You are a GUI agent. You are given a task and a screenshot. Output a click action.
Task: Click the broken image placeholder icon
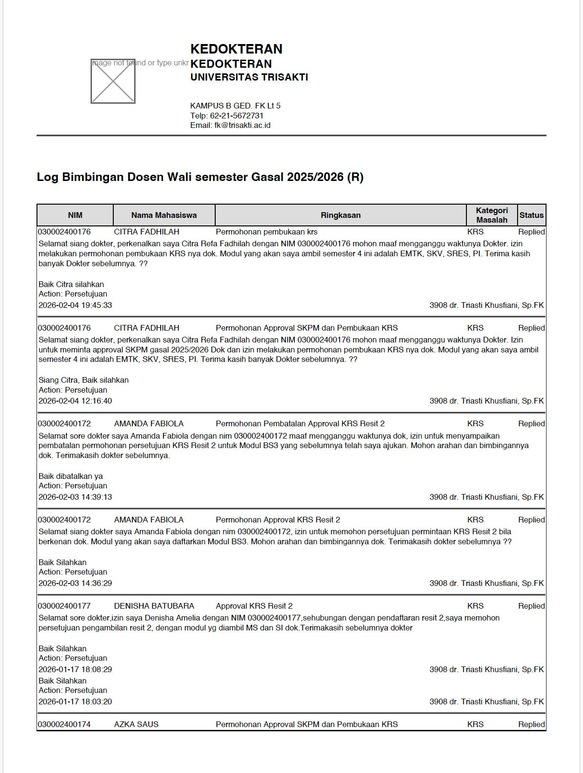(113, 81)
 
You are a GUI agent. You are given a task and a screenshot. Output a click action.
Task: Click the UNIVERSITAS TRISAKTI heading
(249, 77)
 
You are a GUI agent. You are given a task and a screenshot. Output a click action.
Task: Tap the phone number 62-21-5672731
(237, 116)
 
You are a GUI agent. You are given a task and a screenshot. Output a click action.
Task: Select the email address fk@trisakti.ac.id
(242, 126)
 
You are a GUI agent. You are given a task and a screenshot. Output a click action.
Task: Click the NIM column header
(75, 215)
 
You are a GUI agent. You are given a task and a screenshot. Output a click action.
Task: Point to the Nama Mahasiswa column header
(164, 215)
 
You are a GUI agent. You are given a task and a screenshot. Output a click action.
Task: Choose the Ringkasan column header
(340, 215)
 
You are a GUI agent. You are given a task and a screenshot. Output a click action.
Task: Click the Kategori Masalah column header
(492, 215)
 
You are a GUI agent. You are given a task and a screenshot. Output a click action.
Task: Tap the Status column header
(531, 215)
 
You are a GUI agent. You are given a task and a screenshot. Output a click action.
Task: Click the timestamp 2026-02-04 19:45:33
(75, 306)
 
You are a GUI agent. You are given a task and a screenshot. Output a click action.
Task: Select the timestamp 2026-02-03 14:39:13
(75, 497)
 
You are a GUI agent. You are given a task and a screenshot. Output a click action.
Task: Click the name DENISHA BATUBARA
(154, 606)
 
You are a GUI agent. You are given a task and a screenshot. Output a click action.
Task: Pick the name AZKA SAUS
(137, 724)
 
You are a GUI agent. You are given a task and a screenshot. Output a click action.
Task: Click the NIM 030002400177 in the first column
(64, 606)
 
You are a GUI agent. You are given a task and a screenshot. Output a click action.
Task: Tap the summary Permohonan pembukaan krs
(266, 232)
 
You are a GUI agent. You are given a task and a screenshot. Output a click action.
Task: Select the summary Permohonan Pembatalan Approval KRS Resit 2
(300, 424)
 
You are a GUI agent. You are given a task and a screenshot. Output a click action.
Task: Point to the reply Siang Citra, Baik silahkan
(83, 380)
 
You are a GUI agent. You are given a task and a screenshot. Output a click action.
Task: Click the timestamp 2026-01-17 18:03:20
(75, 702)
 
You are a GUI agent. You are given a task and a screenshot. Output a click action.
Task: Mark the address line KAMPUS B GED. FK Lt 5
(235, 106)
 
